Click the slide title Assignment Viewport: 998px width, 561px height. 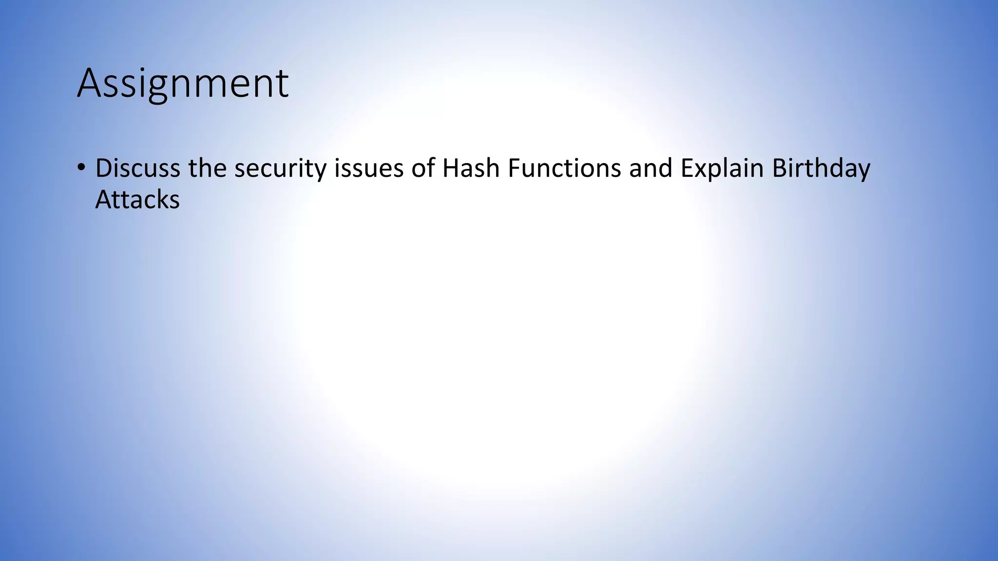183,84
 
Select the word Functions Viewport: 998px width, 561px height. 564,168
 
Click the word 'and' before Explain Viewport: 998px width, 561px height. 651,168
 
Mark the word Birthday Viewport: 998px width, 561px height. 821,169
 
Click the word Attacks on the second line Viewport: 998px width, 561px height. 137,200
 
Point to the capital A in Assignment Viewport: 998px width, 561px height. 90,84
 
